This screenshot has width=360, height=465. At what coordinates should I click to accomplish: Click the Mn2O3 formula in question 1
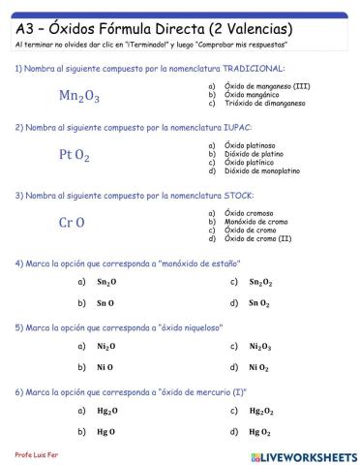79,96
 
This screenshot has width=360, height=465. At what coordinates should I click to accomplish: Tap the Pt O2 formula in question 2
75,154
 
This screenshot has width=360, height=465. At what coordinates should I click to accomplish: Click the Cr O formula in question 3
72,222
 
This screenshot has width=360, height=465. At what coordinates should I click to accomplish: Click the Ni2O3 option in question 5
259,346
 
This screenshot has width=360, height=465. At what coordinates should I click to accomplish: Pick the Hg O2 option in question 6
258,431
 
